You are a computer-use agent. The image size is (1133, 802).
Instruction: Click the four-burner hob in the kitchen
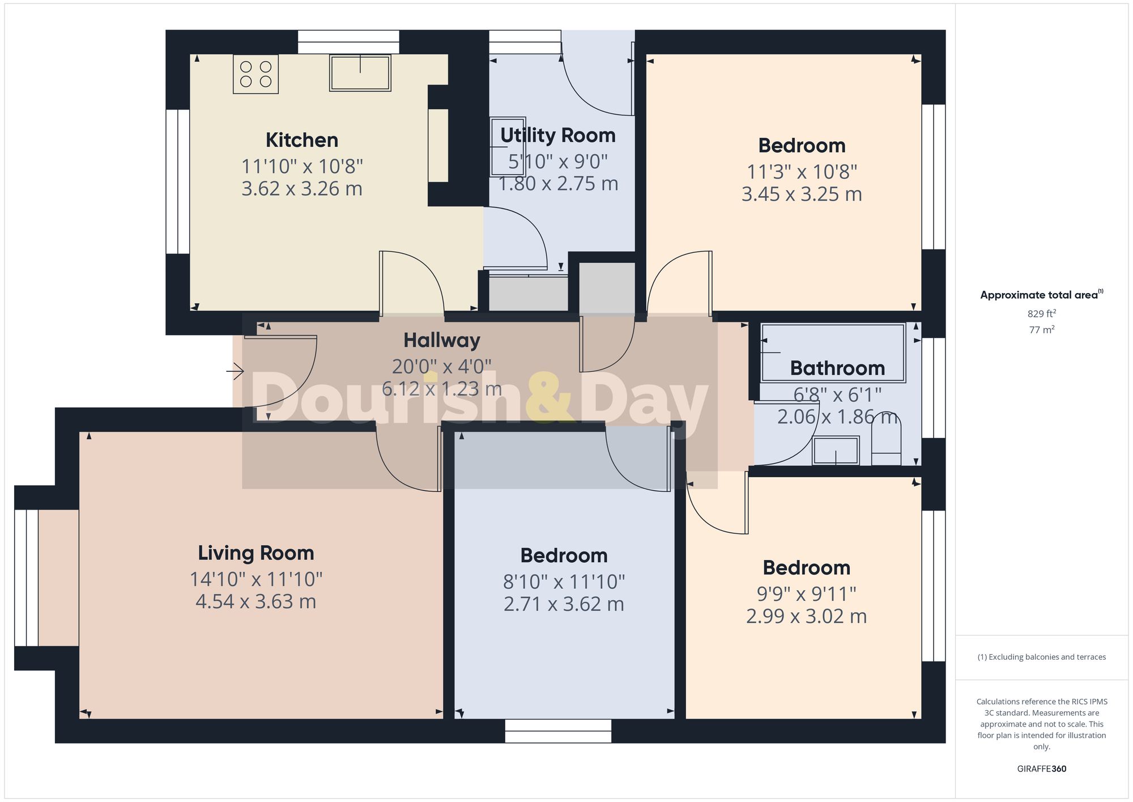click(x=255, y=74)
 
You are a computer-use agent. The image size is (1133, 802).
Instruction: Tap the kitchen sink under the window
click(x=360, y=73)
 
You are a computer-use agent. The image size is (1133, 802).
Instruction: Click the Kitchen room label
click(x=302, y=140)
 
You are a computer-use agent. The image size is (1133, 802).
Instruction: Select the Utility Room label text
click(x=557, y=135)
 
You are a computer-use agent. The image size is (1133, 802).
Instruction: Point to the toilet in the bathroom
click(x=886, y=439)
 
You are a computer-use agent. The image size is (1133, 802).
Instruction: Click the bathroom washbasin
click(x=836, y=451)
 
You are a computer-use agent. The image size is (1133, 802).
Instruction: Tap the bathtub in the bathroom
click(x=833, y=353)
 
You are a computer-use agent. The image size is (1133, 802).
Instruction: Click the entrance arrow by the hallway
click(x=235, y=372)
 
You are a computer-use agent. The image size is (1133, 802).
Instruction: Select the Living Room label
click(x=256, y=553)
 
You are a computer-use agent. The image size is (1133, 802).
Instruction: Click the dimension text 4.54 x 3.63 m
click(x=256, y=601)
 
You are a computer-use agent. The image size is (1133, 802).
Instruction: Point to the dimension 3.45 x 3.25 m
click(x=802, y=194)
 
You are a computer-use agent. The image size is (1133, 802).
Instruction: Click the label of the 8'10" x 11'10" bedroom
click(x=564, y=555)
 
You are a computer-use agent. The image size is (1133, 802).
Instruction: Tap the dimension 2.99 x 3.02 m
click(x=806, y=616)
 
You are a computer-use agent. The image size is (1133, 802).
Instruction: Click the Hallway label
click(x=442, y=340)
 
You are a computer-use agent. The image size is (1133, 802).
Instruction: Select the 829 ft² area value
click(x=1041, y=313)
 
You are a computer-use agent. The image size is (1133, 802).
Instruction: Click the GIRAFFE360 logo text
click(x=1041, y=769)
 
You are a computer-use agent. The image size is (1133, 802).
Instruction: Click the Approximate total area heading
click(x=1041, y=295)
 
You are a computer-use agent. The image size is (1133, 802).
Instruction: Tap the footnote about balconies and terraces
click(x=1041, y=657)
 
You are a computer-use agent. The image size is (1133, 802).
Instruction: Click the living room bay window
click(x=26, y=578)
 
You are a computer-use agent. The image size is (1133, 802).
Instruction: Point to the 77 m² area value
click(x=1041, y=329)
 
